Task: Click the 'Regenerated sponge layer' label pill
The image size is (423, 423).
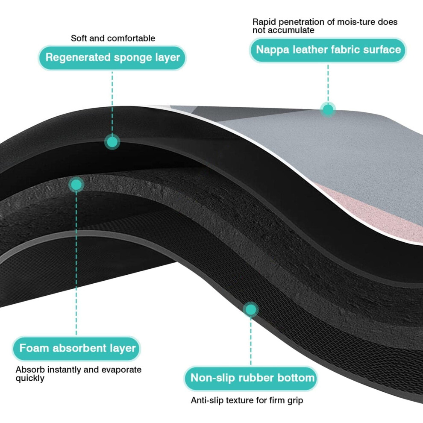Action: click(x=112, y=57)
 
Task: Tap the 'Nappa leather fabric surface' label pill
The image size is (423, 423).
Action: click(x=328, y=50)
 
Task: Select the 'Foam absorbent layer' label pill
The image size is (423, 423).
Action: click(x=76, y=348)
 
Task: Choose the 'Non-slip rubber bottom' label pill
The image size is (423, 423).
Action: click(x=251, y=378)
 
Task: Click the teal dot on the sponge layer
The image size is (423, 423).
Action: click(x=112, y=141)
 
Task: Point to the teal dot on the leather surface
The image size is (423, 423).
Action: click(x=328, y=109)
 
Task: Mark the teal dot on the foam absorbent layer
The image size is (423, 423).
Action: click(x=76, y=185)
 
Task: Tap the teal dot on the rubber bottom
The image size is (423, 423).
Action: click(x=251, y=309)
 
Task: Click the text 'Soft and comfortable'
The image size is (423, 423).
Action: click(x=113, y=38)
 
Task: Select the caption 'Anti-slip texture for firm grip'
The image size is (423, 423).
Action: click(x=247, y=400)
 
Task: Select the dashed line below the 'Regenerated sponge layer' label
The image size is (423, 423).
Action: click(x=112, y=103)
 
